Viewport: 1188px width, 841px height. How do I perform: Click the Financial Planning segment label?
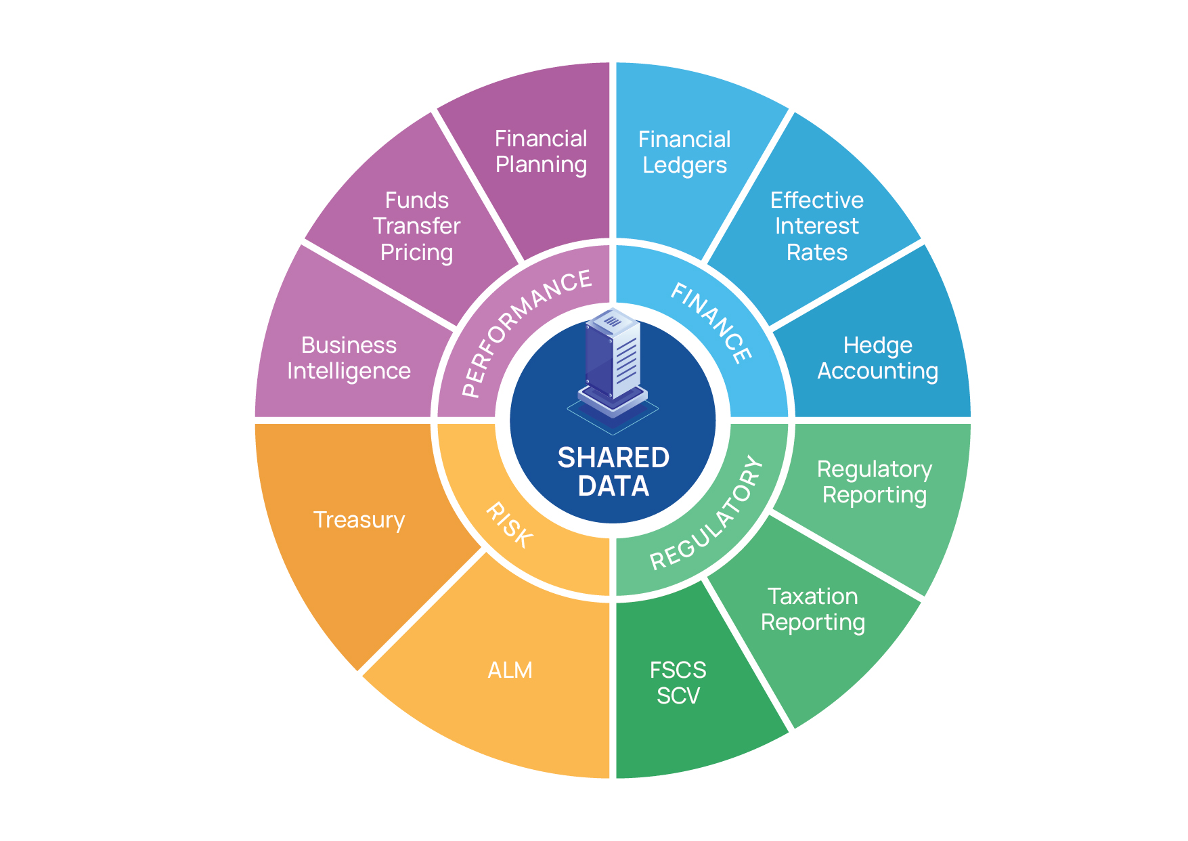pos(541,152)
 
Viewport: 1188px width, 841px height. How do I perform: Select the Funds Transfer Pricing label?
pos(416,226)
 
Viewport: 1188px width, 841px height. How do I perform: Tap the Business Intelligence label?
pos(349,358)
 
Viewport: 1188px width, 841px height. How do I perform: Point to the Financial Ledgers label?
pos(684,152)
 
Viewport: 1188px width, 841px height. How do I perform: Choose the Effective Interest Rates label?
pos(817,226)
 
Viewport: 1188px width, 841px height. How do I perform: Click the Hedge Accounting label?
pos(878,358)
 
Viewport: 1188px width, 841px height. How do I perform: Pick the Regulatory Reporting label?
pos(875,482)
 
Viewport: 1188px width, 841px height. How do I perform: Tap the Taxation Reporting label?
pos(813,609)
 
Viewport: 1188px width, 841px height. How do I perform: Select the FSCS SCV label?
pos(678,683)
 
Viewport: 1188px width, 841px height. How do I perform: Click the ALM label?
pos(510,670)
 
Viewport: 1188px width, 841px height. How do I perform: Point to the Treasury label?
pos(359,520)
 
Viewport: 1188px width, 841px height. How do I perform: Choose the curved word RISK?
pos(509,525)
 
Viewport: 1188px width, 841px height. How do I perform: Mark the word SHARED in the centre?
pos(613,458)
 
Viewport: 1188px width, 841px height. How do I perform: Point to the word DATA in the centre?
pos(613,486)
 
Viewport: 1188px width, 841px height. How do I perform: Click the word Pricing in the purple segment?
pos(416,253)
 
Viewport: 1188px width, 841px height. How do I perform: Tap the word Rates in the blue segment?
pos(817,252)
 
